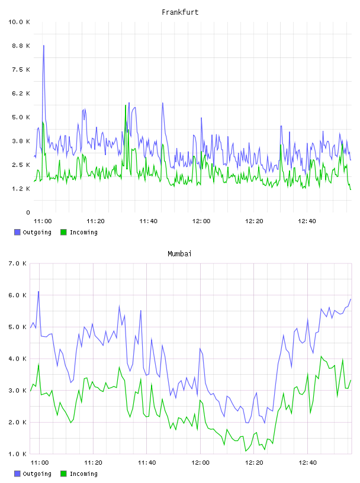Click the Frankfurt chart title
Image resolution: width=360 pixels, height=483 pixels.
pyautogui.click(x=180, y=12)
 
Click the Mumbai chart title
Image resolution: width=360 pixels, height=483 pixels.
pyautogui.click(x=179, y=254)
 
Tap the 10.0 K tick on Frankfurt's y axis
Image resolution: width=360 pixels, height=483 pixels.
pyautogui.click(x=19, y=22)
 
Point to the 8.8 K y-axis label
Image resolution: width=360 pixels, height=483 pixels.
pyautogui.click(x=21, y=46)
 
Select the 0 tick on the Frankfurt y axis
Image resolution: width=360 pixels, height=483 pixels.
pyautogui.click(x=28, y=212)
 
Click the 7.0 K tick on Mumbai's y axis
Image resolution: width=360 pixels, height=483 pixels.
pyautogui.click(x=18, y=263)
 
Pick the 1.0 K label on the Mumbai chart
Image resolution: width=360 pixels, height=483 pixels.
pyautogui.click(x=18, y=454)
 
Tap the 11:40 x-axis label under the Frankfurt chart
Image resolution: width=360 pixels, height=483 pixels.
pyautogui.click(x=148, y=221)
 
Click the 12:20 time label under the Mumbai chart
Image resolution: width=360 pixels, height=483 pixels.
pyautogui.click(x=254, y=463)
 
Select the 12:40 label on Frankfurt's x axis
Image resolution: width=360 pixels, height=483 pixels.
pyautogui.click(x=307, y=221)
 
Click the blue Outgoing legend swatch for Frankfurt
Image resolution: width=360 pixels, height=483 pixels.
pyautogui.click(x=17, y=232)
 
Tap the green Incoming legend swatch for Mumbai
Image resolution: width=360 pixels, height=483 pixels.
pyautogui.click(x=63, y=474)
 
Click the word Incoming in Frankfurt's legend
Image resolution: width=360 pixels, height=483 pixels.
pyautogui.click(x=83, y=233)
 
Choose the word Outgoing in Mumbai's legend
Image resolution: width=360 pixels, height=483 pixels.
pyautogui.click(x=37, y=474)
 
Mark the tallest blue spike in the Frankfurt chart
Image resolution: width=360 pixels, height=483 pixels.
pyautogui.click(x=44, y=46)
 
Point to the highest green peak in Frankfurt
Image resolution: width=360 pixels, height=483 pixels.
pyautogui.click(x=126, y=105)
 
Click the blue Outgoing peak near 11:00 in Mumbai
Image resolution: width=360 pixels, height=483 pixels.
pyautogui.click(x=38, y=291)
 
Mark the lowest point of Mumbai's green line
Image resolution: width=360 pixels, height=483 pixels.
pyautogui.click(x=246, y=451)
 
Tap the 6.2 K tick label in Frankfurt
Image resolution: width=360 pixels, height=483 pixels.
pyautogui.click(x=21, y=94)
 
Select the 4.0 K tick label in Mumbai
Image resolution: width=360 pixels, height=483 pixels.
pyautogui.click(x=18, y=359)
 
